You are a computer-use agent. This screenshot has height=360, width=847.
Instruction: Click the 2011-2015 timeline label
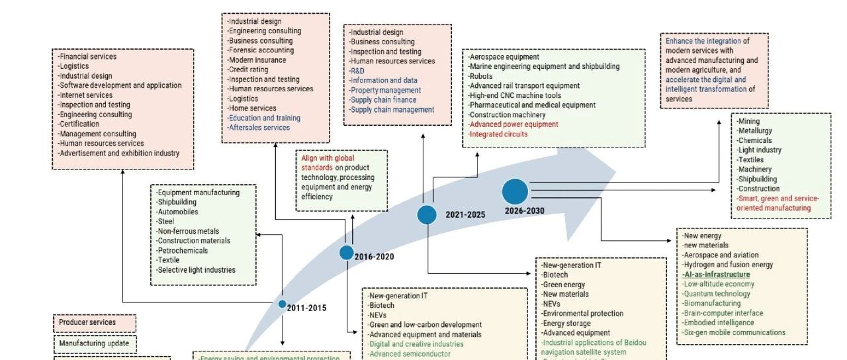pos(306,308)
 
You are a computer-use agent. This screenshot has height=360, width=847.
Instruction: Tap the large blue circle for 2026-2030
pos(515,191)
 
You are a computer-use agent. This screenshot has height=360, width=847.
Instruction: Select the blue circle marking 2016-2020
pos(347,252)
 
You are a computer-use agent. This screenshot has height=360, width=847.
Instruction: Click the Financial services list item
pos(87,57)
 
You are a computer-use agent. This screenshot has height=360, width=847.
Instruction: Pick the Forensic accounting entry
pos(261,50)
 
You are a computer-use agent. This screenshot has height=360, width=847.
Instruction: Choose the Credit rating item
pos(248,69)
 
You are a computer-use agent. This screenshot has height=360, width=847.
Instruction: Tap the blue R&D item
pos(357,71)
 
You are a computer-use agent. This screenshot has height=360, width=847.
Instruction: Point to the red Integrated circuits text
pos(498,134)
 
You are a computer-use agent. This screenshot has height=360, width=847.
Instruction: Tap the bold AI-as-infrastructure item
pos(717,275)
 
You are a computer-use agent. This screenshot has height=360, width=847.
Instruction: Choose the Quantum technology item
pos(717,294)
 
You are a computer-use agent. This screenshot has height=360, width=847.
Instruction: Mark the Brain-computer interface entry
pos(723,313)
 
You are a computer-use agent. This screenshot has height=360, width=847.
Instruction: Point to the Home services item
pos(252,108)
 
